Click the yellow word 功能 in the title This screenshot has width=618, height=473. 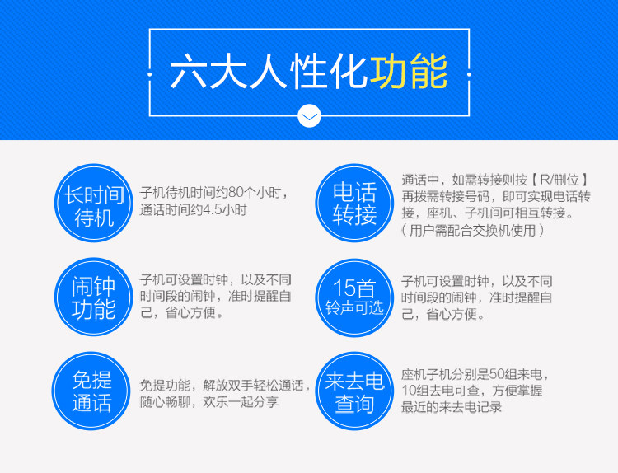pos(409,72)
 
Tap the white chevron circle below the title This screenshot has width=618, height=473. pos(309,116)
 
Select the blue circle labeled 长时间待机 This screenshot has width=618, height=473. pos(94,203)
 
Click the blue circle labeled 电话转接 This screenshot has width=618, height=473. pos(354,203)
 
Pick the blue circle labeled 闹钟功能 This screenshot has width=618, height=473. pos(94,297)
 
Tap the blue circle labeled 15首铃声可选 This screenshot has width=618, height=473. pos(354,297)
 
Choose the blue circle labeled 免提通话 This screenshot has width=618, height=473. pos(91,391)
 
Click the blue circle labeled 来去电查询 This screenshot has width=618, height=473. pos(354,391)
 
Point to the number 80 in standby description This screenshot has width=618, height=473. pos(236,193)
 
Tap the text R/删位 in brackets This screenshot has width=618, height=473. pos(559,180)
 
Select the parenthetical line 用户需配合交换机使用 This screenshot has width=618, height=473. pos(473,230)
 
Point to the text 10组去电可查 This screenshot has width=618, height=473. pos(440,391)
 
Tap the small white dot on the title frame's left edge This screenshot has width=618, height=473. pos(149,74)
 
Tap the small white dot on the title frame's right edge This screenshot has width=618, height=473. pos(469,74)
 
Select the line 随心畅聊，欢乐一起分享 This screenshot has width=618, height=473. pos(209,402)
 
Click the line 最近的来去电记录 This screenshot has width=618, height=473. pos(452,407)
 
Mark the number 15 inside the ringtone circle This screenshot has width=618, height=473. pos(344,288)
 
